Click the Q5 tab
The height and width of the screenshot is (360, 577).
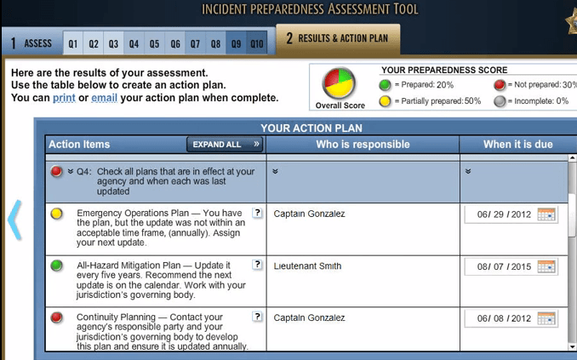tap(155, 43)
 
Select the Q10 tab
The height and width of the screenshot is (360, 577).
tap(256, 43)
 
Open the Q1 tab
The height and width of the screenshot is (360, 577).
tap(73, 43)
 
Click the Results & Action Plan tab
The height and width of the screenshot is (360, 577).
tap(337, 39)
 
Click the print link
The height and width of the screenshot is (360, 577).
tap(64, 98)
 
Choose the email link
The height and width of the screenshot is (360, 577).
tap(104, 98)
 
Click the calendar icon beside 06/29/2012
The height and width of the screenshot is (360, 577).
tap(546, 214)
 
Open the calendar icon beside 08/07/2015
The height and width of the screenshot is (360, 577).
tap(546, 266)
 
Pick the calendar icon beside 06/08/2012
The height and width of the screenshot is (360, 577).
tap(546, 318)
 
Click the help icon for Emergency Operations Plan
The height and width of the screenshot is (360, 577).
tap(258, 213)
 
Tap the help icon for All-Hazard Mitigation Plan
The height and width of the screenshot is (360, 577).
tap(258, 265)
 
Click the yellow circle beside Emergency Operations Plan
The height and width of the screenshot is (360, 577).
tap(57, 214)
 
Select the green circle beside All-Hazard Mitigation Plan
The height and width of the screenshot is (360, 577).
tap(57, 266)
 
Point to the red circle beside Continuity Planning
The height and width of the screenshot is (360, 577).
tap(57, 317)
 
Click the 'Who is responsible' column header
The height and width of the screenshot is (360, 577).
tap(363, 145)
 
